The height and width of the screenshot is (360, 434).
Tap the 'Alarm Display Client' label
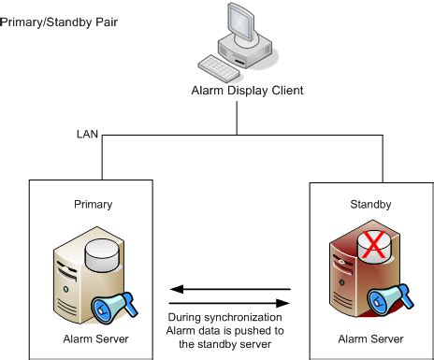tap(234, 91)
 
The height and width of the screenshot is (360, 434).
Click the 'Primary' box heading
tap(86, 203)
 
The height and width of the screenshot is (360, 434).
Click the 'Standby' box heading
tap(363, 203)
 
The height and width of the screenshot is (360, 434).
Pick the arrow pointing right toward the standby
tap(229, 302)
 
